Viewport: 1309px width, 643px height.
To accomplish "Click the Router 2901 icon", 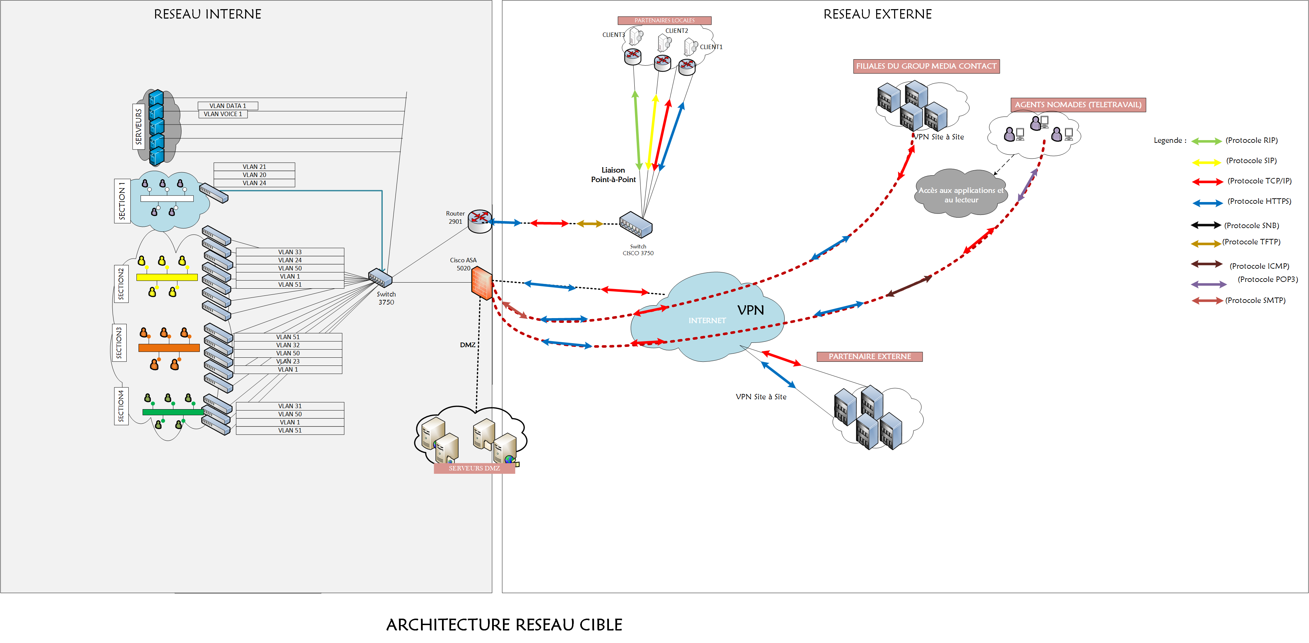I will tap(479, 221).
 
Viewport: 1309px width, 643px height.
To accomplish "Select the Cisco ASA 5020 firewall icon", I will tap(481, 283).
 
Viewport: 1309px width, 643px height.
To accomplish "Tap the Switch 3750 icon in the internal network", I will tap(380, 278).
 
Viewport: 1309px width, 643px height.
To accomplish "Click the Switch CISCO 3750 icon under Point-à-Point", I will tap(636, 224).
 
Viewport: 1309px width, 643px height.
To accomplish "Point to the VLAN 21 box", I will tap(254, 167).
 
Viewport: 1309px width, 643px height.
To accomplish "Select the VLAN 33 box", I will tap(290, 252).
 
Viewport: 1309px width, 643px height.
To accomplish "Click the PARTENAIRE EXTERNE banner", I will tap(869, 357).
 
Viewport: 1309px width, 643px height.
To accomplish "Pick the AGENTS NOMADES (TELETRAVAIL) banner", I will tap(1078, 105).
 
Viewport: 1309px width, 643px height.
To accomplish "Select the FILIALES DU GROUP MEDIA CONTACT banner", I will tap(926, 66).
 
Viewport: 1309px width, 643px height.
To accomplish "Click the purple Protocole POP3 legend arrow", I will tap(1208, 284).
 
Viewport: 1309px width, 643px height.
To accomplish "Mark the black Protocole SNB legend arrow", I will tap(1205, 225).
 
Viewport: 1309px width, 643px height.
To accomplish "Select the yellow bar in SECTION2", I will tap(167, 277).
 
